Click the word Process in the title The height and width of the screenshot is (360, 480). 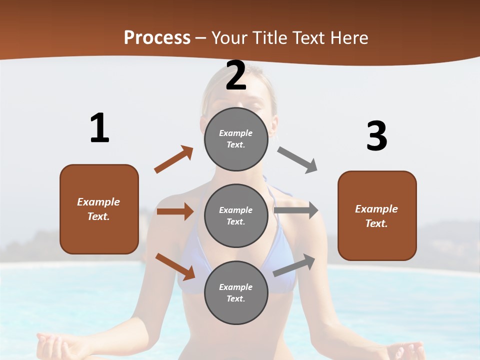(157, 38)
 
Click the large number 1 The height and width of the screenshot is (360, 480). (99, 128)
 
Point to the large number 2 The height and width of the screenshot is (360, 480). (236, 75)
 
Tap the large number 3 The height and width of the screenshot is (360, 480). (376, 136)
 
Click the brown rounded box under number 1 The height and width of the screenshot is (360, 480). (99, 209)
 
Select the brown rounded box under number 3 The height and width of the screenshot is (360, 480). (377, 215)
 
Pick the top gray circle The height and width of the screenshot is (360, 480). (236, 139)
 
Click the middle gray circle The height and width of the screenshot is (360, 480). (236, 215)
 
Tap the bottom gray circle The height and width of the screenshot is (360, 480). (236, 292)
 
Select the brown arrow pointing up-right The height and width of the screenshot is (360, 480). (173, 159)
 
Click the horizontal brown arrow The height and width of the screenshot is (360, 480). (175, 211)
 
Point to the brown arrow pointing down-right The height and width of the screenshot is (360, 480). (175, 266)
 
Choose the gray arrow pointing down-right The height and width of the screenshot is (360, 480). (297, 160)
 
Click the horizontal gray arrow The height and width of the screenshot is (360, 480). (296, 210)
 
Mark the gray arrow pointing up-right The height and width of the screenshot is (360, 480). (294, 265)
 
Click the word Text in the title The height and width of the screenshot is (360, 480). (309, 38)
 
